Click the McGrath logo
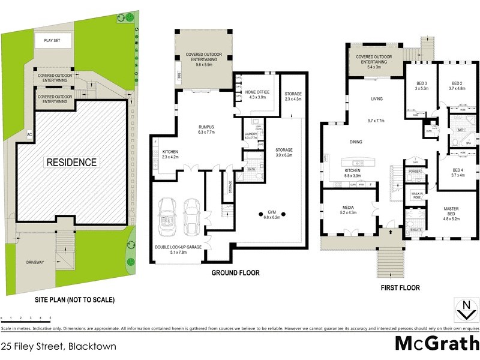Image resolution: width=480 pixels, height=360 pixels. tap(436, 344)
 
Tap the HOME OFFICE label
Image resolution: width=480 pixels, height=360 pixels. tap(257, 94)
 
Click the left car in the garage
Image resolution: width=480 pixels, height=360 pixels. tap(166, 218)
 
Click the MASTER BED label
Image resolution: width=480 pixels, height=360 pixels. tap(451, 211)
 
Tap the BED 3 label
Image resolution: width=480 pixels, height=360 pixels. tap(422, 86)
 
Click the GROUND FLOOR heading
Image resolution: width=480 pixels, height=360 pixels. tap(235, 273)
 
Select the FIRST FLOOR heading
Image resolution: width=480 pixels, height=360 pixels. tap(401, 287)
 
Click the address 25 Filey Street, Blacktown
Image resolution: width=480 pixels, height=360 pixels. tap(58, 346)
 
